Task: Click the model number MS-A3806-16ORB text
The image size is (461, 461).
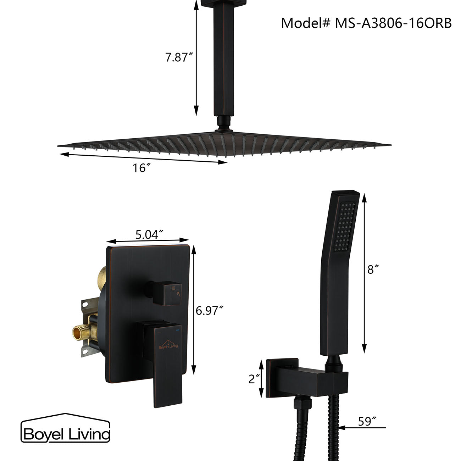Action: coord(366,23)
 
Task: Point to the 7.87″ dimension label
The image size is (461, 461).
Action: coord(179,57)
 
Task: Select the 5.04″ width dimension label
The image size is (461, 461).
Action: coord(149,234)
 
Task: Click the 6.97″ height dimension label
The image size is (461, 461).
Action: coord(210,311)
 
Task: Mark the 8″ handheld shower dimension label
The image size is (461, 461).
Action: coord(371,270)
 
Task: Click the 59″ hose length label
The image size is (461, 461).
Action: coord(367,421)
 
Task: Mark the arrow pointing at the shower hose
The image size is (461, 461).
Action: coord(362,428)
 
